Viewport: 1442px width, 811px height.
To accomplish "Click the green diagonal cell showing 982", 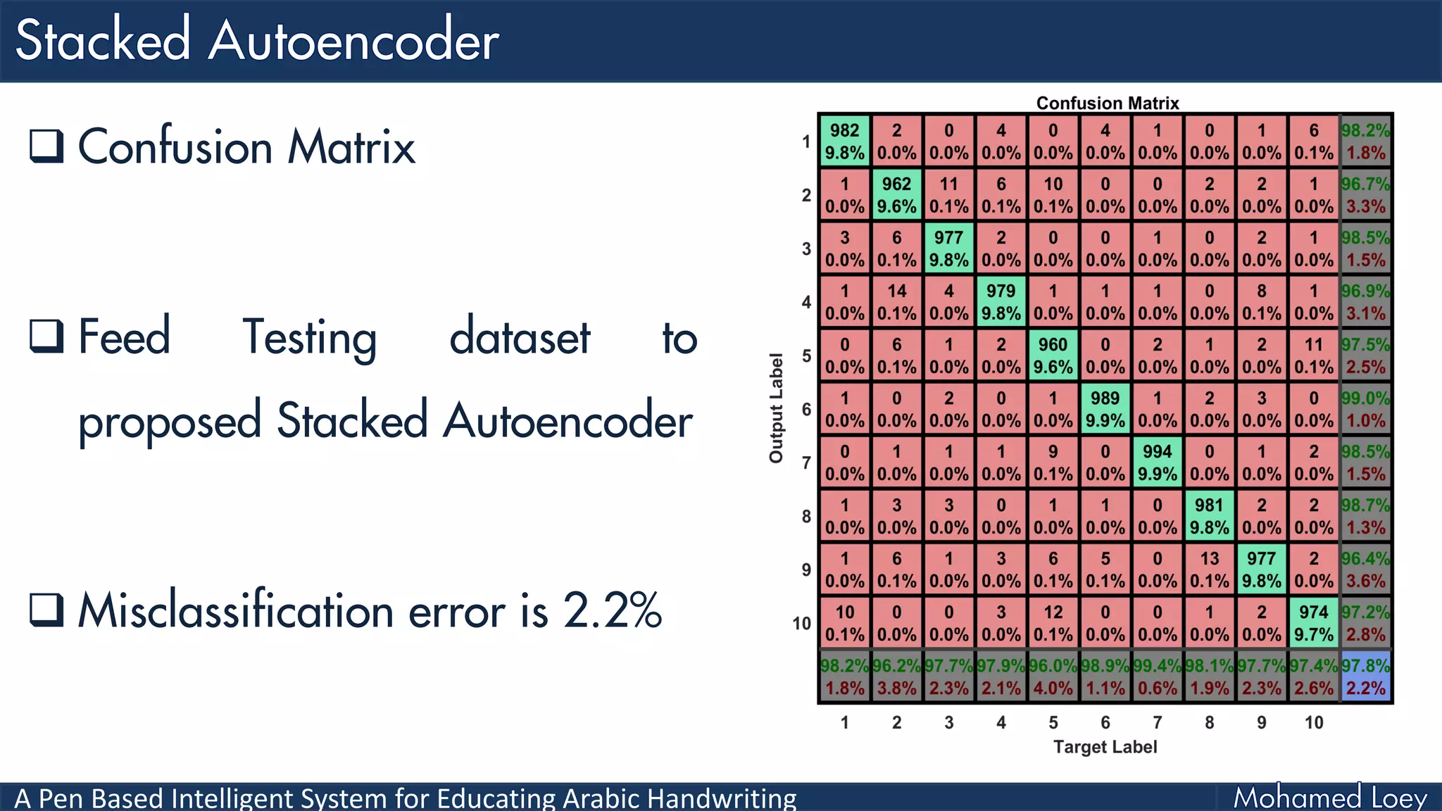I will (x=844, y=142).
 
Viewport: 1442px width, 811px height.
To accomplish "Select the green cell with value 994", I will (x=1157, y=463).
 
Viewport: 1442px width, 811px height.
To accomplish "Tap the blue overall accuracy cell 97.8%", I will (x=1365, y=677).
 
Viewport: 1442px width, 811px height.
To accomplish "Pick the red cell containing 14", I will (x=896, y=302).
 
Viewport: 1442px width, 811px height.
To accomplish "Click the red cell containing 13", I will (x=1209, y=570).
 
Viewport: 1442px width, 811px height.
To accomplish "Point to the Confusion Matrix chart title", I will (x=1107, y=103).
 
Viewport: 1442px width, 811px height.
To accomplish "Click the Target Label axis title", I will (x=1105, y=747).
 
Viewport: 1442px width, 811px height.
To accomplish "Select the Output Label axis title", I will (x=776, y=408).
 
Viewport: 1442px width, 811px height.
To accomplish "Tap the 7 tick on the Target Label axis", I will (x=1157, y=722).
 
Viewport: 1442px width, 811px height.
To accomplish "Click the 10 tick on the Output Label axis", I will (x=801, y=624).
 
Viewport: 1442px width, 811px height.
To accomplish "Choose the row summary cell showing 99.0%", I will (x=1365, y=409).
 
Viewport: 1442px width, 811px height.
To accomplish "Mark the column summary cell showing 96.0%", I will (x=1053, y=677).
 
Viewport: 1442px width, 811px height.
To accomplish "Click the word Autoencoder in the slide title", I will (x=353, y=41).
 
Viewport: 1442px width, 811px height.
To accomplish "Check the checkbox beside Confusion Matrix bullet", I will (x=46, y=146).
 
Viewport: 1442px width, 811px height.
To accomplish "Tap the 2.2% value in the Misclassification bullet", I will (x=613, y=610).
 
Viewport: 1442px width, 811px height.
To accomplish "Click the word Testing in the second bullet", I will (x=310, y=338).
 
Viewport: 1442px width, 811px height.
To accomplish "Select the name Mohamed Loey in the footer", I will (x=1329, y=798).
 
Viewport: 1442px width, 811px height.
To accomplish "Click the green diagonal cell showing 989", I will (x=1105, y=409).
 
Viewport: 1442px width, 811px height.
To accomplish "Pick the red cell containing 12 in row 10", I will (x=1053, y=623).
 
